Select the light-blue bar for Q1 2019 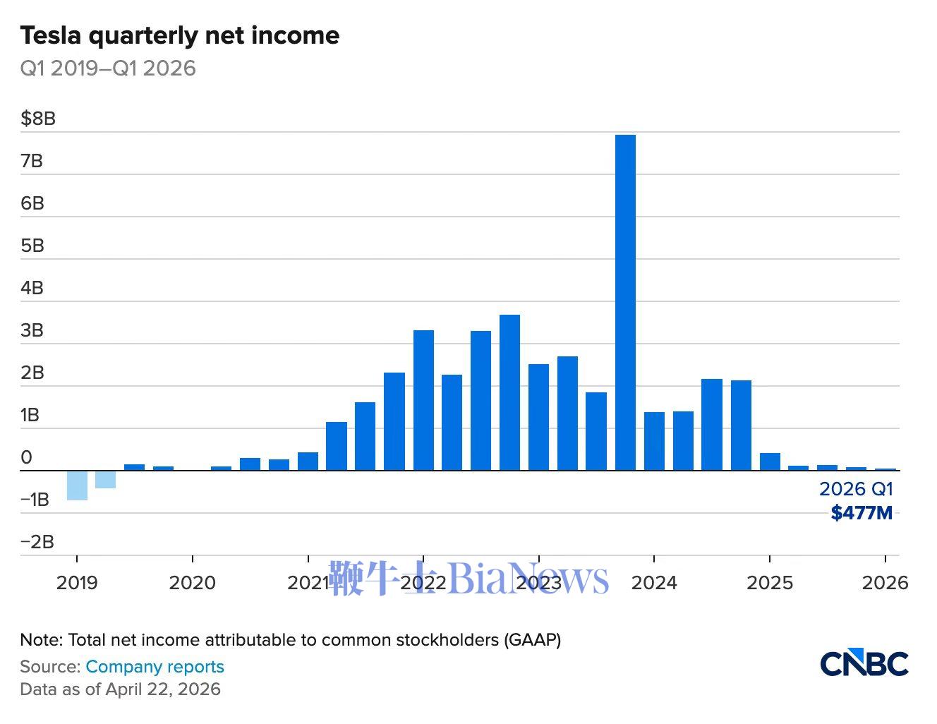click(77, 485)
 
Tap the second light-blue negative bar click(106, 479)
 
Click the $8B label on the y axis click(38, 119)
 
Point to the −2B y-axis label click(37, 542)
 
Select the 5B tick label click(32, 246)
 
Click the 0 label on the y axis click(27, 457)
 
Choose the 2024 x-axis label click(654, 583)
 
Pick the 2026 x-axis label click(885, 583)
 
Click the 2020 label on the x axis click(193, 583)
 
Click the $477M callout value click(862, 513)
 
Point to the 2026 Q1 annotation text click(856, 489)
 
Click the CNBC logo click(864, 663)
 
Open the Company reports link click(155, 667)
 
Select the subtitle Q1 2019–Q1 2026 click(108, 68)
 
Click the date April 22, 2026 click(163, 689)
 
